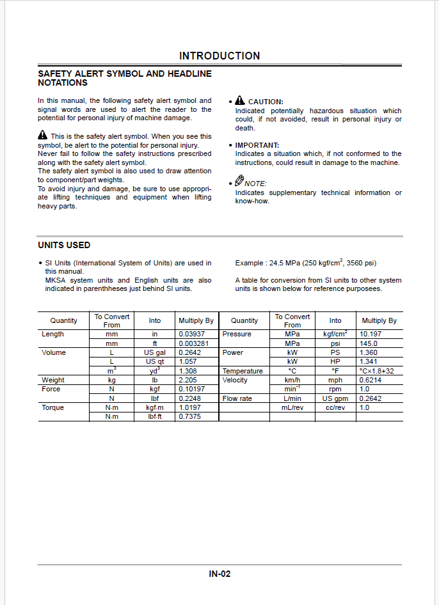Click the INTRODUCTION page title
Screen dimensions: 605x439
click(x=219, y=56)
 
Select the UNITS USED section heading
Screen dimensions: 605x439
click(x=64, y=245)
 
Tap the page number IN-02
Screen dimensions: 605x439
click(x=219, y=574)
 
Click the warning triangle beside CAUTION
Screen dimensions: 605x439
click(x=240, y=100)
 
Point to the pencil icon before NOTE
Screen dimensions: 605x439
click(x=239, y=182)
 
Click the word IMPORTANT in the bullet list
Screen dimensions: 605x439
click(x=257, y=145)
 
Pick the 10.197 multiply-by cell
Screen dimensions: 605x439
click(x=371, y=334)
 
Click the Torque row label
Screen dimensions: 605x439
click(x=52, y=407)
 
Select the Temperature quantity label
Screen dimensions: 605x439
click(x=243, y=371)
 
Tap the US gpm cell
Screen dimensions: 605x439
click(x=335, y=398)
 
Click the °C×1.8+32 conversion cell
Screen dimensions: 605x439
click(x=376, y=371)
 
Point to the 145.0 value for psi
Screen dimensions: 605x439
click(x=369, y=343)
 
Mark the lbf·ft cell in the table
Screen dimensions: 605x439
click(x=154, y=417)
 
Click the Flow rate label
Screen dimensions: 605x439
click(x=237, y=398)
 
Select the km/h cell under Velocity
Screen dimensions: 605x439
click(x=292, y=380)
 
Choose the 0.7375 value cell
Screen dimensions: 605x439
click(x=189, y=417)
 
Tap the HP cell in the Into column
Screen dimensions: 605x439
click(x=335, y=361)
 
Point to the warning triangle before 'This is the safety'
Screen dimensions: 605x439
click(x=42, y=135)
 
